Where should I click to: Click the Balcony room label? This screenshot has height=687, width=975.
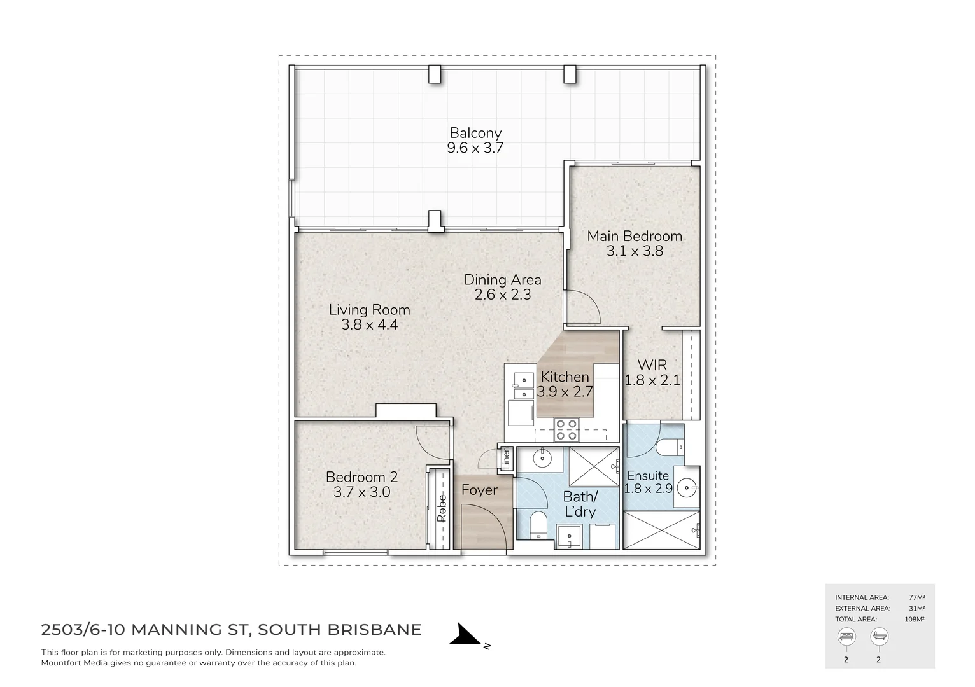475,133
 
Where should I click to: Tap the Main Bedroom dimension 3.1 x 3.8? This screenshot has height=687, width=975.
635,251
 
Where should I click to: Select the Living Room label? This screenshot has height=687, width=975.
369,310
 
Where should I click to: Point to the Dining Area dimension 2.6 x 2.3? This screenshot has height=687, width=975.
503,295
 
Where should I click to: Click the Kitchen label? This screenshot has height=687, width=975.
565,377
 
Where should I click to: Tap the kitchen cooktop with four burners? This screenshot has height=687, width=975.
566,430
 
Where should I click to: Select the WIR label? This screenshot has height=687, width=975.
652,365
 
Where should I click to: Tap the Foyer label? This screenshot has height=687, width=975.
479,490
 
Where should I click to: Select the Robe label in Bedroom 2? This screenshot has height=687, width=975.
442,509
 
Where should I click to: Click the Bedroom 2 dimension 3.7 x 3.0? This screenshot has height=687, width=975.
361,492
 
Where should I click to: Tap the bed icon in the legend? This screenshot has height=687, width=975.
846,636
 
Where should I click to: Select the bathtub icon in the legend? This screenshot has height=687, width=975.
878,636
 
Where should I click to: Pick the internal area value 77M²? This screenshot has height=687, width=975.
916,597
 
